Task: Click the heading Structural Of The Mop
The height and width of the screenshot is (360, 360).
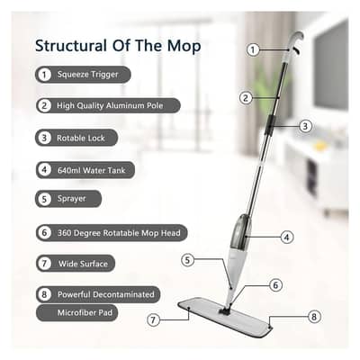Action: click(x=118, y=45)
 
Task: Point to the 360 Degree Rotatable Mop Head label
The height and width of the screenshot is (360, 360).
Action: click(x=121, y=232)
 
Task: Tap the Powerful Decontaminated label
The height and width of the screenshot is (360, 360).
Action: click(x=107, y=293)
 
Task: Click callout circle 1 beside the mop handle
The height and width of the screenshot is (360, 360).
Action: click(x=253, y=49)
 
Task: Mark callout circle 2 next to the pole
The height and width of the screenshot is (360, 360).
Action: click(x=244, y=97)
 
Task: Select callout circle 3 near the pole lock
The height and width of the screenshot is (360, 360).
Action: click(x=305, y=127)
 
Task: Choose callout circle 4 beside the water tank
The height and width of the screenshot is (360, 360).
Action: click(x=286, y=238)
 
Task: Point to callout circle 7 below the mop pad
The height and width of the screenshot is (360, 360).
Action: click(x=154, y=319)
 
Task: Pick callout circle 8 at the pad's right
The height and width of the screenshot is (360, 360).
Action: click(x=312, y=316)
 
